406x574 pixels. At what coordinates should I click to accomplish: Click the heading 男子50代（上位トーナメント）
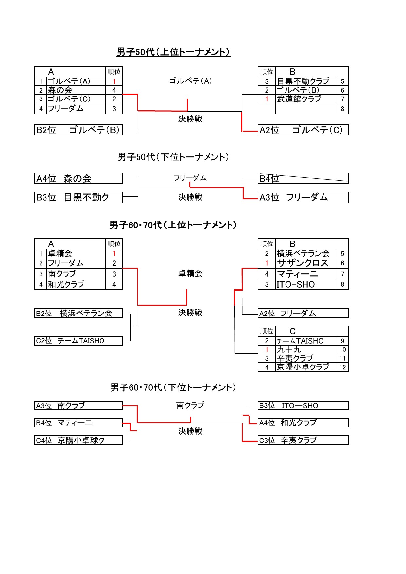click(x=173, y=52)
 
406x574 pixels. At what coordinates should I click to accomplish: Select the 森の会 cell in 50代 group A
click(x=76, y=90)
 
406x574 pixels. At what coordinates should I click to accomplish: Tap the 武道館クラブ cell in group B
click(x=305, y=99)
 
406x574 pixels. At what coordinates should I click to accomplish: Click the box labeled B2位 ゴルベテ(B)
click(x=79, y=130)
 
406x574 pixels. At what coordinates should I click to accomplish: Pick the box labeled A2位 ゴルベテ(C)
click(x=303, y=130)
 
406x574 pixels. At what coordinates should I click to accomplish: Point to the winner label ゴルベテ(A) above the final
click(x=190, y=81)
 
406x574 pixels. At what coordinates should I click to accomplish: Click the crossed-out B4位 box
click(x=303, y=178)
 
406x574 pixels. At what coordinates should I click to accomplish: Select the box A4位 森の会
click(x=79, y=178)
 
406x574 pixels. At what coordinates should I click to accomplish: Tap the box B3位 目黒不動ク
click(x=79, y=197)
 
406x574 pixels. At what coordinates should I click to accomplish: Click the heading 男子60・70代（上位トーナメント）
click(x=173, y=225)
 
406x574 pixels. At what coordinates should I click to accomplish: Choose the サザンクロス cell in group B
click(x=305, y=263)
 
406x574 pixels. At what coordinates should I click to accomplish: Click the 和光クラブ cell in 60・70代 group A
click(x=76, y=284)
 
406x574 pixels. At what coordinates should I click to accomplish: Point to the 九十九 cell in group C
click(x=305, y=350)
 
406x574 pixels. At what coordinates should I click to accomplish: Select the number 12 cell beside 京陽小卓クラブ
click(x=342, y=367)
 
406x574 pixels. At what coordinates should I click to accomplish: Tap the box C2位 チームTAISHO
click(x=79, y=341)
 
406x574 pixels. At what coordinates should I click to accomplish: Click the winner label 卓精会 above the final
click(x=190, y=273)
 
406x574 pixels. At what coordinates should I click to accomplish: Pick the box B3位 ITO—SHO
click(x=303, y=405)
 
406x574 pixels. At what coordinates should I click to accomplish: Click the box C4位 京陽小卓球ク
click(x=79, y=440)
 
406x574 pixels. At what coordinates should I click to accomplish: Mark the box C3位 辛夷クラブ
click(x=303, y=440)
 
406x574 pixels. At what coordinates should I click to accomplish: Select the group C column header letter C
click(x=293, y=331)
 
